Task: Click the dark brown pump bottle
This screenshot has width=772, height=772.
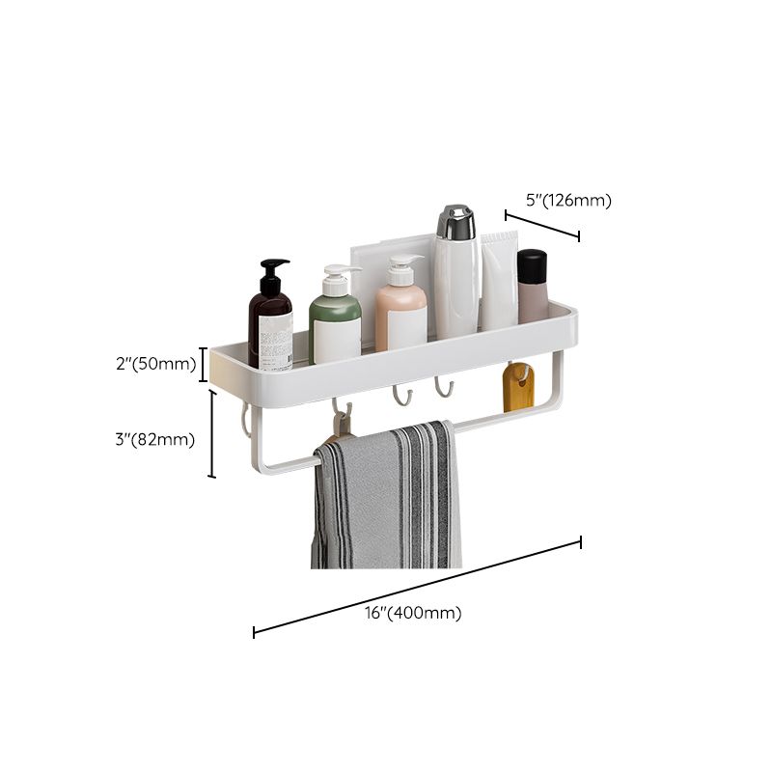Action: [x=270, y=323]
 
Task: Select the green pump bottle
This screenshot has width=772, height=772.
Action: [x=335, y=323]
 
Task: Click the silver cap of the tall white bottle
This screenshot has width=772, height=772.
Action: [x=455, y=223]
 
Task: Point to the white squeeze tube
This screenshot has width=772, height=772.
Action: [x=499, y=280]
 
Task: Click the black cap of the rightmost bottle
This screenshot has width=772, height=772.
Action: [x=532, y=264]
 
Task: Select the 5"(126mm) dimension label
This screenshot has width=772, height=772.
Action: [x=568, y=201]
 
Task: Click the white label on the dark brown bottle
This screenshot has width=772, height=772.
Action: [x=276, y=339]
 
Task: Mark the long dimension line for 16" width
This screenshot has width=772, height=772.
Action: [x=417, y=587]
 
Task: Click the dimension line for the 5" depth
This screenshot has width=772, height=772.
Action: [x=541, y=225]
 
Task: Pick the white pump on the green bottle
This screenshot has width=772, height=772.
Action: [x=340, y=275]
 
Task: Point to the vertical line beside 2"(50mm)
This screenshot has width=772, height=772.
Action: [x=204, y=364]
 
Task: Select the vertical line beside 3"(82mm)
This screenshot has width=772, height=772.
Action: [x=212, y=433]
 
